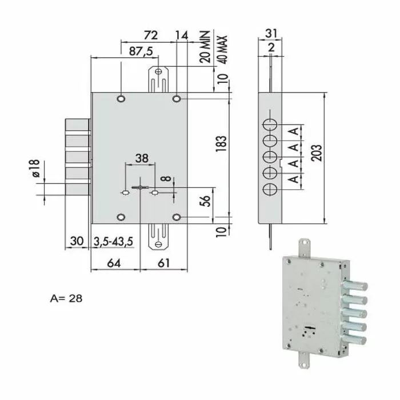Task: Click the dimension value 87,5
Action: pos(141,51)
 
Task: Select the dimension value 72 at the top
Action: pos(150,35)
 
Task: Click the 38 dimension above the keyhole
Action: pos(141,157)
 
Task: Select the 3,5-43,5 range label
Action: pos(113,242)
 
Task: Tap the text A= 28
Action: pos(66,298)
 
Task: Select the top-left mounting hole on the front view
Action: pos(121,99)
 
